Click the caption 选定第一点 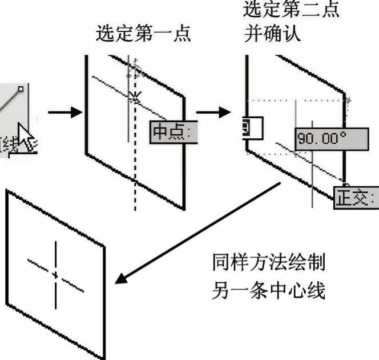143,34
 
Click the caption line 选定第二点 291,9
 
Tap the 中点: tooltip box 174,132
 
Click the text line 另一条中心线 268,291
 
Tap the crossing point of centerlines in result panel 55,275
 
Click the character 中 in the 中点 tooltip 160,132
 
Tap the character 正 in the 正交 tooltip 344,198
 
